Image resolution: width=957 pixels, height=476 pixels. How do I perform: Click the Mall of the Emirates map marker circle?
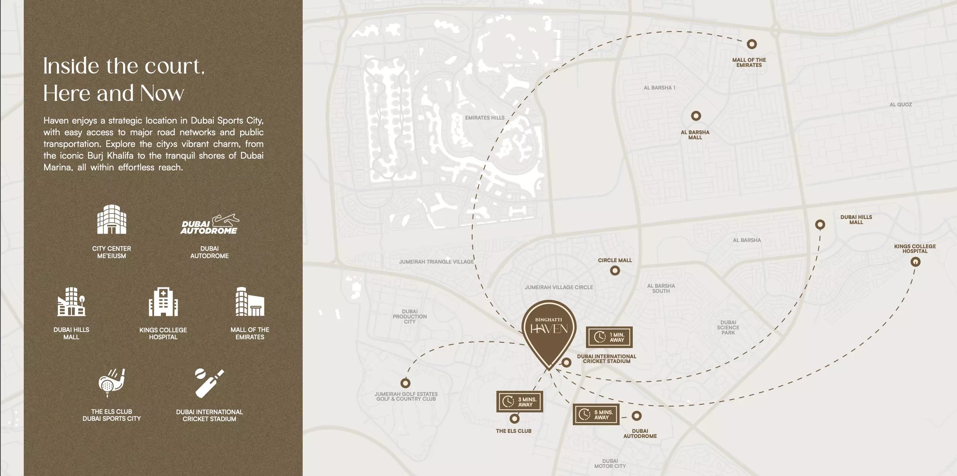pyautogui.click(x=752, y=44)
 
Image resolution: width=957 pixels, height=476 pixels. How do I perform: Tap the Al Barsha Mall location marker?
pyautogui.click(x=696, y=116)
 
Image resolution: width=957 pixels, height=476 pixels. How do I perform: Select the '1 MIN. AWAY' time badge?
pyautogui.click(x=609, y=337)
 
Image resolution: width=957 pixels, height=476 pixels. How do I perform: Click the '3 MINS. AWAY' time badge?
pyautogui.click(x=519, y=402)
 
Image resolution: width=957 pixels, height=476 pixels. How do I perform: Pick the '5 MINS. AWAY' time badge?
pyautogui.click(x=595, y=414)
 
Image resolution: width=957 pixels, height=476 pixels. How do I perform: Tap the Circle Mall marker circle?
pyautogui.click(x=615, y=271)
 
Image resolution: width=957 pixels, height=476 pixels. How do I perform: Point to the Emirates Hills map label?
pyautogui.click(x=484, y=118)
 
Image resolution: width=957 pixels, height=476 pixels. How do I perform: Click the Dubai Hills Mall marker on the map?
pyautogui.click(x=820, y=224)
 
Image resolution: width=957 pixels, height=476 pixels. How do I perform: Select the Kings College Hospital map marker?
pyautogui.click(x=915, y=262)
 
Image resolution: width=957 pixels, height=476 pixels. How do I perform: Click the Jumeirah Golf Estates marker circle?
pyautogui.click(x=405, y=383)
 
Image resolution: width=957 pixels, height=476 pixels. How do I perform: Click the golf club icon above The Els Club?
pyautogui.click(x=111, y=383)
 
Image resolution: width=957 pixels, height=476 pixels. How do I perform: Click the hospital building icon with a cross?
pyautogui.click(x=163, y=302)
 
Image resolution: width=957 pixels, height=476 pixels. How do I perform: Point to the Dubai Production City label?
pyautogui.click(x=409, y=317)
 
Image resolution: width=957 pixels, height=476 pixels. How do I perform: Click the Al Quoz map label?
pyautogui.click(x=901, y=105)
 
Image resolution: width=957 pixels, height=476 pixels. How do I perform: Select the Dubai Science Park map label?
pyautogui.click(x=728, y=328)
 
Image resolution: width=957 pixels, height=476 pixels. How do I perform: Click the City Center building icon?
pyautogui.click(x=111, y=220)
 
